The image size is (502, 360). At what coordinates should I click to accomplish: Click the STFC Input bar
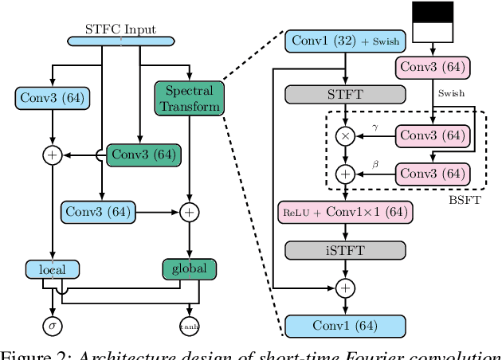tap(120, 41)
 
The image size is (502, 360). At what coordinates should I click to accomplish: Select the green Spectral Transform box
tap(189, 98)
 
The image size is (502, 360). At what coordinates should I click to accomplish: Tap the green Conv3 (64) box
tap(143, 155)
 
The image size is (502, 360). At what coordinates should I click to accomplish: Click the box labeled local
tap(52, 269)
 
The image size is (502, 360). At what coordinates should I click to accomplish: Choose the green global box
tap(189, 268)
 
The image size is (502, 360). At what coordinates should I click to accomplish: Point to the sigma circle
tap(52, 325)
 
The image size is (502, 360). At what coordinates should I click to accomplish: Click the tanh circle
tap(189, 325)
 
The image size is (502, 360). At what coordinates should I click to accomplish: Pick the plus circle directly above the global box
tap(189, 212)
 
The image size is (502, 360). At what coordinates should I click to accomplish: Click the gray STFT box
tap(345, 96)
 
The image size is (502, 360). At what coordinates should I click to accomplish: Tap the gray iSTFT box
tap(345, 250)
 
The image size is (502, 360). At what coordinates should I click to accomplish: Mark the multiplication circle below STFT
tap(345, 137)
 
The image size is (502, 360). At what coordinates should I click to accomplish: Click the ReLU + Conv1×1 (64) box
tap(345, 212)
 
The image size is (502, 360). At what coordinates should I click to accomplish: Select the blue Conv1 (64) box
tap(345, 325)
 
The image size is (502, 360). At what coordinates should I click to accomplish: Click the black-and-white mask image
tap(432, 21)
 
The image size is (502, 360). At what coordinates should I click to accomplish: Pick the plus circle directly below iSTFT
tap(345, 287)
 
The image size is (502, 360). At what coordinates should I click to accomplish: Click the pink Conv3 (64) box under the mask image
tap(432, 67)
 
